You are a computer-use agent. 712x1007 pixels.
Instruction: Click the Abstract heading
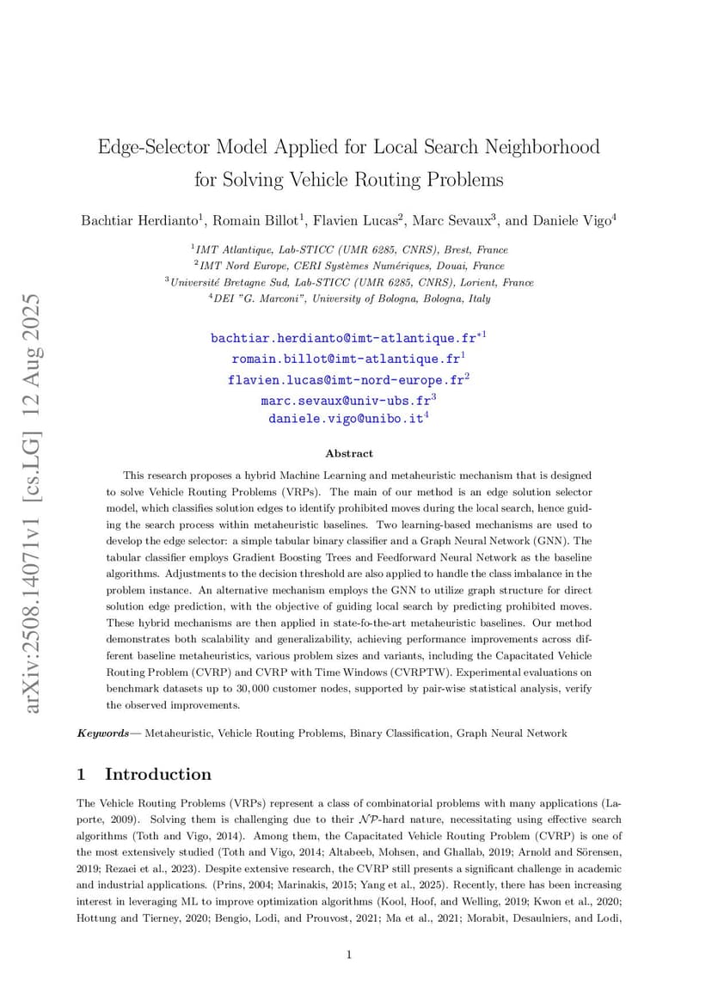(x=349, y=453)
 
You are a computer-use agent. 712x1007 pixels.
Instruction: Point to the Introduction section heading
(x=157, y=774)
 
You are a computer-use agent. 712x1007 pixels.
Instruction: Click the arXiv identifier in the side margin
(x=33, y=502)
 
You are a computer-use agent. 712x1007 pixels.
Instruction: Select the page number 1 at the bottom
(x=349, y=953)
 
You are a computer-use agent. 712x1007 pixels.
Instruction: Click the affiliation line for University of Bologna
(x=349, y=298)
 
